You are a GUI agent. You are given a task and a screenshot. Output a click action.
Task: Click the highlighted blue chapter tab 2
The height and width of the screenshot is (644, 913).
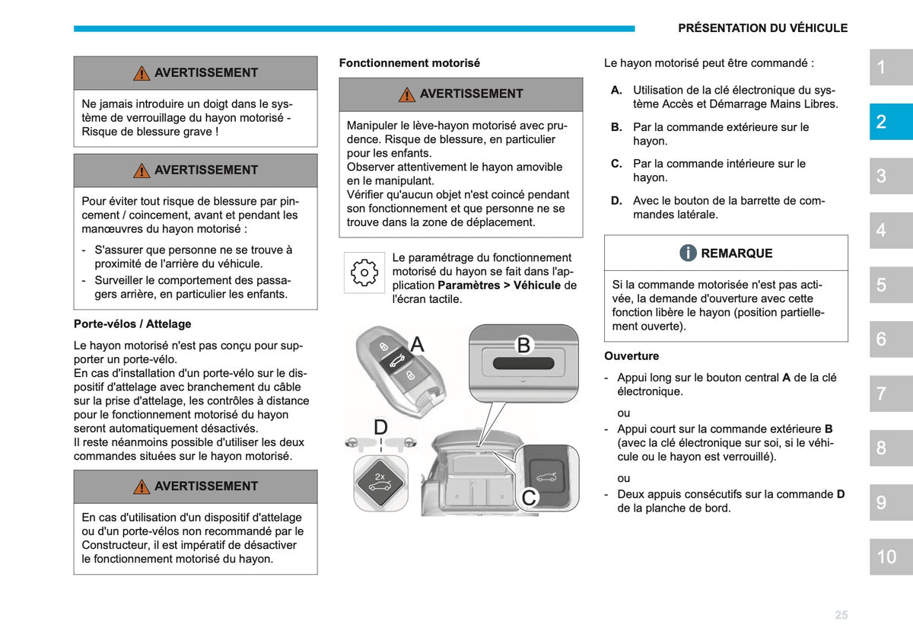pyautogui.click(x=891, y=122)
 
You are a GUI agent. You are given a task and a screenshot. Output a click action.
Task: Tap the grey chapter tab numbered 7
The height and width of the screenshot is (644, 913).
pyautogui.click(x=891, y=394)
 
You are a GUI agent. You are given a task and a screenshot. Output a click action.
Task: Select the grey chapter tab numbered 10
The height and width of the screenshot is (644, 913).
pyautogui.click(x=891, y=556)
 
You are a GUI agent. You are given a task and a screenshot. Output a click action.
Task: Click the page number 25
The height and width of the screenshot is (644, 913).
pyautogui.click(x=841, y=615)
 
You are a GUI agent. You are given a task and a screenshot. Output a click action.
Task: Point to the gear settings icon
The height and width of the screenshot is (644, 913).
pyautogui.click(x=364, y=273)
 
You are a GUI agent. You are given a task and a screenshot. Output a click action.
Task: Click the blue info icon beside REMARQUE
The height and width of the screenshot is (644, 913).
pyautogui.click(x=688, y=253)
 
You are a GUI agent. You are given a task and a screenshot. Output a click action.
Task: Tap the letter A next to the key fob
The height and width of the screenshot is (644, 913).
pyautogui.click(x=417, y=344)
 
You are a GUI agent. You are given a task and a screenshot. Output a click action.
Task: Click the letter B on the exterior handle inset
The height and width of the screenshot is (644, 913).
pyautogui.click(x=523, y=345)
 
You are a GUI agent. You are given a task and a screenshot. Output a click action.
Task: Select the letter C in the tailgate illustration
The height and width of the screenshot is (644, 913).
pyautogui.click(x=529, y=498)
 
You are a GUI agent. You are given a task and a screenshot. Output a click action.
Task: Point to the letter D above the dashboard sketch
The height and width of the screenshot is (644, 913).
pyautogui.click(x=380, y=427)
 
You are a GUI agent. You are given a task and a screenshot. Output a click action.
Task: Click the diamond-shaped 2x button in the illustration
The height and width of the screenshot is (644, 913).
pyautogui.click(x=380, y=483)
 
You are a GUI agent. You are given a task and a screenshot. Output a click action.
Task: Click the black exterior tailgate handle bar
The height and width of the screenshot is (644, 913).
pyautogui.click(x=523, y=363)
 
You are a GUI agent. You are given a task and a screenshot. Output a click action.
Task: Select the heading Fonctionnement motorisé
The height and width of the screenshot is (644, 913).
pyautogui.click(x=409, y=63)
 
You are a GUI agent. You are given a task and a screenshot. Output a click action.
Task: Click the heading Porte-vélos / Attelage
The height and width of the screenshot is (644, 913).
pyautogui.click(x=132, y=324)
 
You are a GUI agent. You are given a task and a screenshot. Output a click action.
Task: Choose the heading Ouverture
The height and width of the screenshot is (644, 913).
pyautogui.click(x=631, y=356)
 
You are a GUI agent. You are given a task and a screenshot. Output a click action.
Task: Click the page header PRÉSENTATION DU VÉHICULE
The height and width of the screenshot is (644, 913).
pyautogui.click(x=762, y=28)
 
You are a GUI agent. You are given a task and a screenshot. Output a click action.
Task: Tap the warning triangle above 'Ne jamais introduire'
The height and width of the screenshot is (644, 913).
pyautogui.click(x=142, y=73)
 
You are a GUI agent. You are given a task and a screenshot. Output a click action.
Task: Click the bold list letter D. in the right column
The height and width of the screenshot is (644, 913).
pyautogui.click(x=616, y=201)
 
